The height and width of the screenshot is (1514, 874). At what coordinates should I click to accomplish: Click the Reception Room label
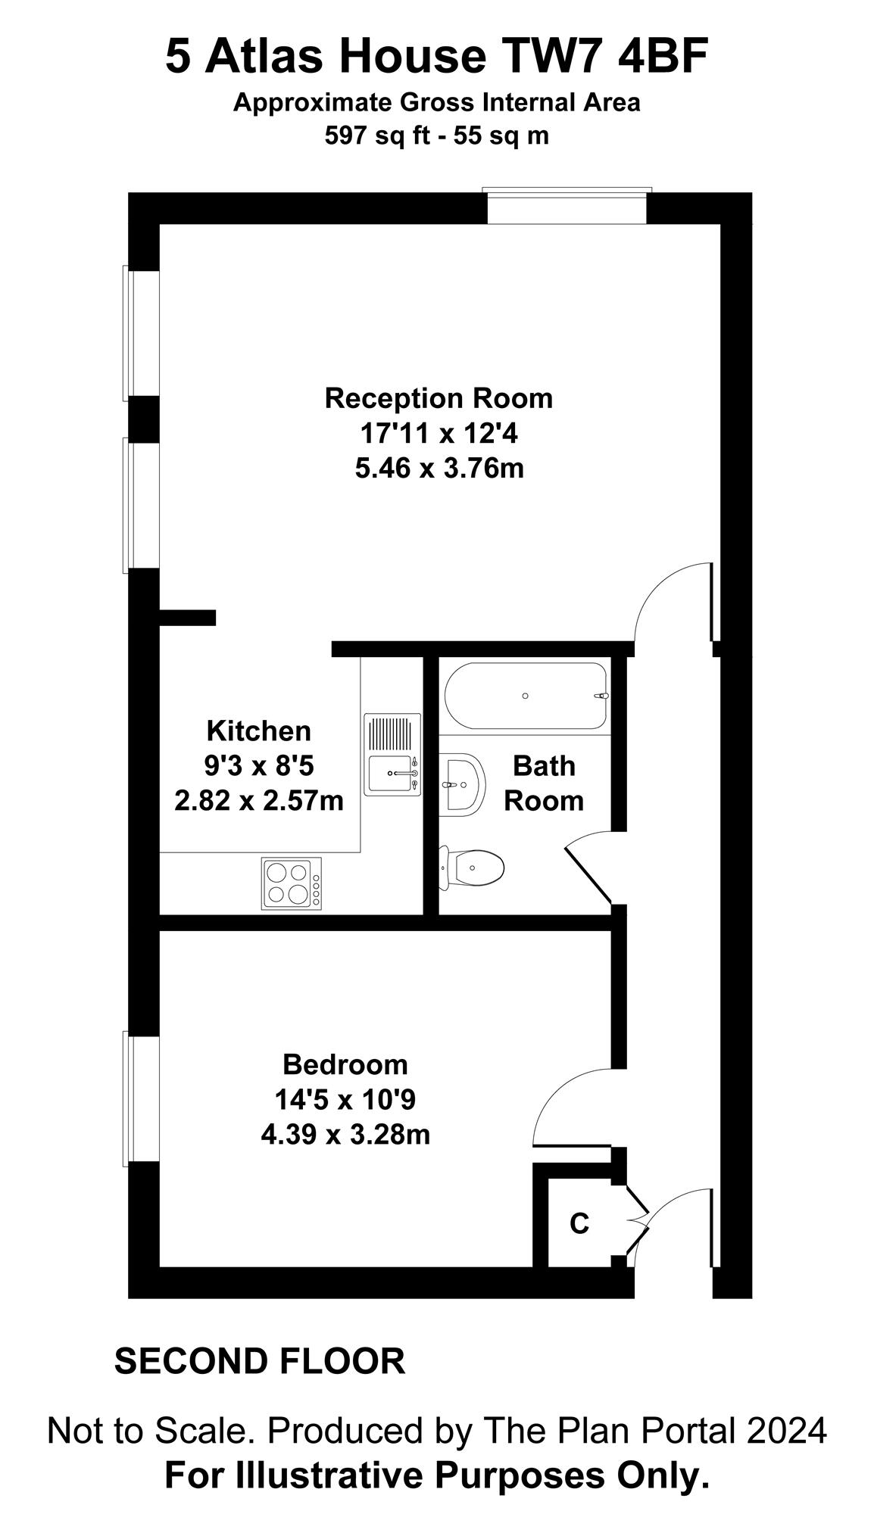click(x=439, y=398)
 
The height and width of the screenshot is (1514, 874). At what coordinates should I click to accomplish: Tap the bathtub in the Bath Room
click(x=526, y=696)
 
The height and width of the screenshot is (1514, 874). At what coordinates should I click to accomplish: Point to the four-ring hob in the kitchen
click(x=292, y=883)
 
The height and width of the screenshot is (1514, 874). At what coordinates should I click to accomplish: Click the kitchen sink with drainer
click(x=392, y=754)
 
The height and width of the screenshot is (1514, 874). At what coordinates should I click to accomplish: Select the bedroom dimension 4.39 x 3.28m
click(x=345, y=1135)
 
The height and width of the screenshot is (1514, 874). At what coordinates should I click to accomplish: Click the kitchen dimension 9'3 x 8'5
click(x=258, y=766)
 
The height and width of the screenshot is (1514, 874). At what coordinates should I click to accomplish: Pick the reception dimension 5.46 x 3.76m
click(x=439, y=469)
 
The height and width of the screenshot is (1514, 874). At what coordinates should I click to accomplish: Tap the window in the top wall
click(x=567, y=205)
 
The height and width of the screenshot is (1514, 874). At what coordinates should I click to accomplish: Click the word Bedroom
click(x=345, y=1064)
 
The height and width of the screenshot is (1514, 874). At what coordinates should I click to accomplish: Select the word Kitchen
click(x=259, y=731)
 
